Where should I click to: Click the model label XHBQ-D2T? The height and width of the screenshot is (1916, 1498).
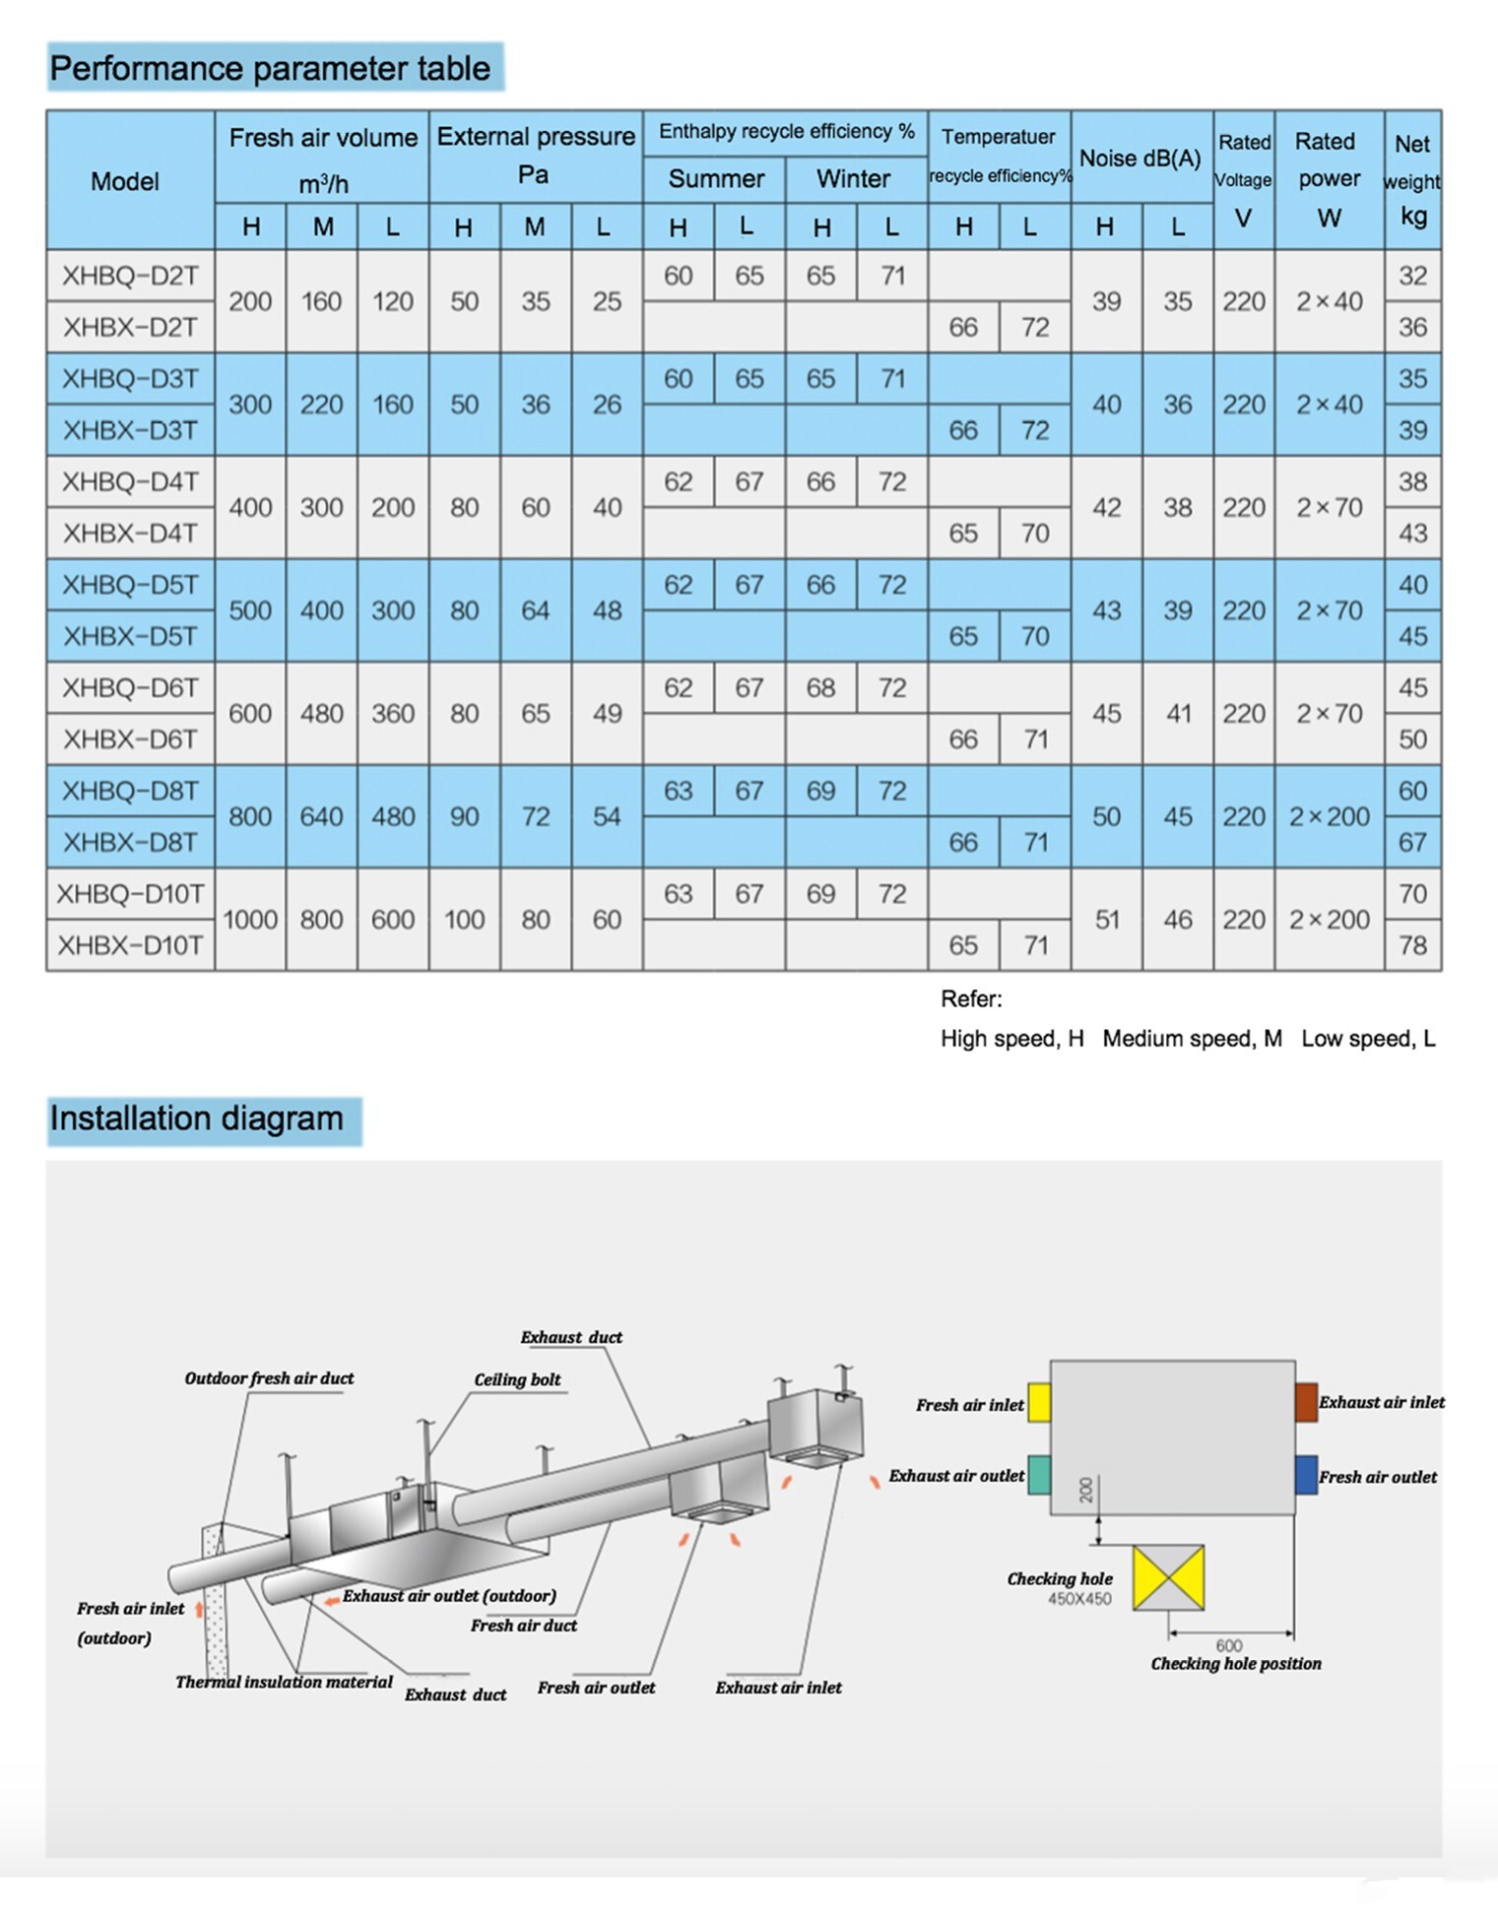click(130, 276)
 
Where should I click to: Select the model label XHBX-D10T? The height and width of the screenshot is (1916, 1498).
click(130, 945)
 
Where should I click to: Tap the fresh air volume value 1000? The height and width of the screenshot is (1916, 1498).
click(250, 920)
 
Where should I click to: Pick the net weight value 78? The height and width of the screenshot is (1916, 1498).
click(1412, 945)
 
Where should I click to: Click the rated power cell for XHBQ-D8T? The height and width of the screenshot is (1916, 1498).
click(1330, 816)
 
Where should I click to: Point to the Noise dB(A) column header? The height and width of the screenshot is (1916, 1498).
click(1140, 158)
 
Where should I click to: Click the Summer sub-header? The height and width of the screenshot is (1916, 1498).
click(716, 178)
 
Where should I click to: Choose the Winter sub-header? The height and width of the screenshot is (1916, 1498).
click(853, 178)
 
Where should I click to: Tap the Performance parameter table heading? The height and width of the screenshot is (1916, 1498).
click(270, 68)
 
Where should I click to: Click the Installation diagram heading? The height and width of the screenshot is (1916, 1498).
click(197, 1118)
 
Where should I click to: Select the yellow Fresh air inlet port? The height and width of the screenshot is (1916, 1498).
click(1039, 1403)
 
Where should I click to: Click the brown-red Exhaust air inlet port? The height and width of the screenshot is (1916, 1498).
click(1306, 1402)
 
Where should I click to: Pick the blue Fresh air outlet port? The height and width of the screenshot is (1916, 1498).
click(1306, 1475)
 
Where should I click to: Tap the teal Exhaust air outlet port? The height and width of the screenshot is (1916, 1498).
click(1039, 1475)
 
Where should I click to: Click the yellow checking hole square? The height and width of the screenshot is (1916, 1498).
click(1168, 1577)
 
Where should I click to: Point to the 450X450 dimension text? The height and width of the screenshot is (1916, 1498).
click(1079, 1599)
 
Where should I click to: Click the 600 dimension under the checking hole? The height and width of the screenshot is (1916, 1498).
click(1229, 1645)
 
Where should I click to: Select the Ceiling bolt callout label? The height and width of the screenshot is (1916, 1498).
click(517, 1379)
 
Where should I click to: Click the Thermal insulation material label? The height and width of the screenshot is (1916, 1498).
click(284, 1682)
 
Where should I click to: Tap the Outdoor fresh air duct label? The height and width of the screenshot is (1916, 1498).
click(269, 1378)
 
